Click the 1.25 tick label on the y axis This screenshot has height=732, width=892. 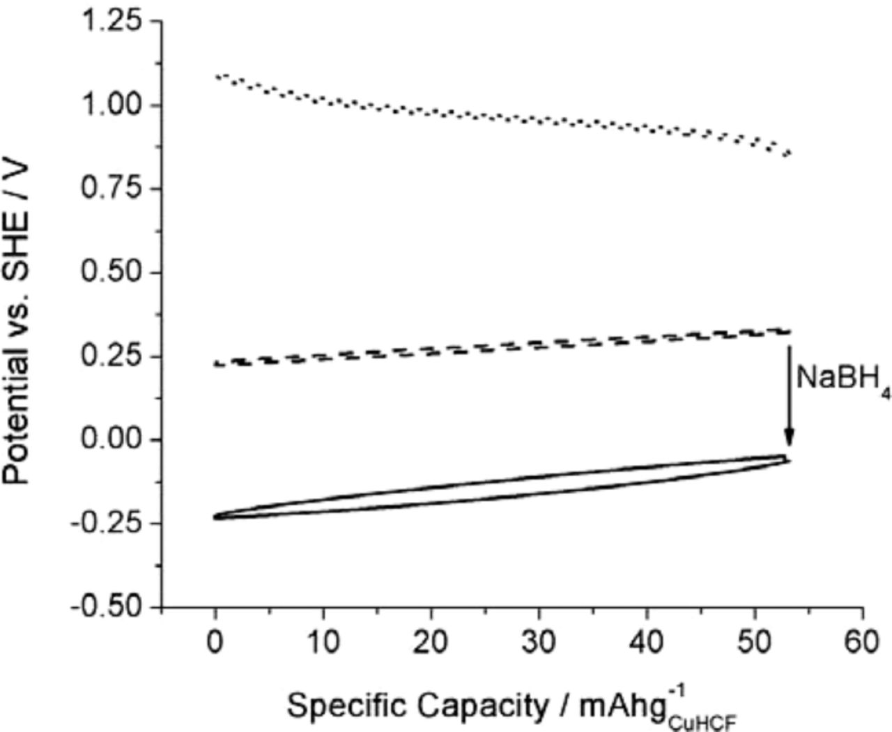point(112,21)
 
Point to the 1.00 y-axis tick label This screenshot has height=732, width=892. point(112,105)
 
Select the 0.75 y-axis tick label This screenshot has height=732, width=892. point(112,189)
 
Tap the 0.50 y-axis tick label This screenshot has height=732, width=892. point(112,273)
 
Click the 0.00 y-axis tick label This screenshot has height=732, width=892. point(112,440)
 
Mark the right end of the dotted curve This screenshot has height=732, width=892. point(788,154)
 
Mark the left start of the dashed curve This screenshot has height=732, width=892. point(217,363)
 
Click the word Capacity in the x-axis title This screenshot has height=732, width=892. point(480,706)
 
